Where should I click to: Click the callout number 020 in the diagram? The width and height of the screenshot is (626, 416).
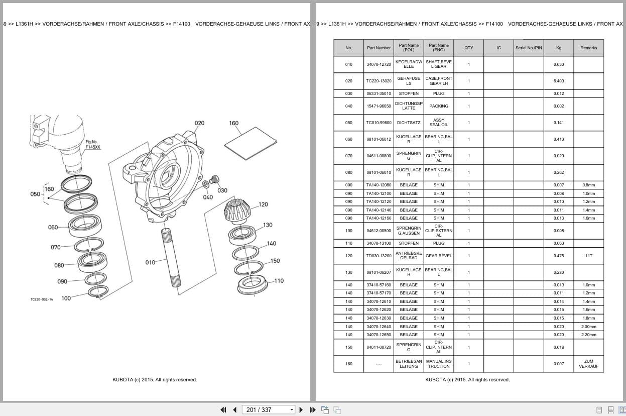[199, 123]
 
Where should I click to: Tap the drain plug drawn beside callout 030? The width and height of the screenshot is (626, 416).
[215, 179]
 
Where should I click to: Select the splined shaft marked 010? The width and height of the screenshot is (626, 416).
[171, 257]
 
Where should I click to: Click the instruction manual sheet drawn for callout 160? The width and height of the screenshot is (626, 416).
[251, 143]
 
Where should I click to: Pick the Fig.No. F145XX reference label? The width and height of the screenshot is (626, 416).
[92, 144]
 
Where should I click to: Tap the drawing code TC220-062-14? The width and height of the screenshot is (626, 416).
[42, 299]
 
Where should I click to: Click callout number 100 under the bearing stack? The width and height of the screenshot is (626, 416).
[66, 298]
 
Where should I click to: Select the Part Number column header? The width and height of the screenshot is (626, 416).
[379, 48]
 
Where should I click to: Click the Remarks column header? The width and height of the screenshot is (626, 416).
[588, 48]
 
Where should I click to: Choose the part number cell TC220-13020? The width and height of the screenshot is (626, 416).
[379, 81]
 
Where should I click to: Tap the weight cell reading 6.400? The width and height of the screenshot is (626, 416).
[559, 81]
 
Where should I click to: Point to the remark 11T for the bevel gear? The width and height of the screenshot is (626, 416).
[588, 256]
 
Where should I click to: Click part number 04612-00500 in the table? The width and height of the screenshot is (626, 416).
[379, 231]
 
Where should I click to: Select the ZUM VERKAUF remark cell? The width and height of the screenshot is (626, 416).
[588, 364]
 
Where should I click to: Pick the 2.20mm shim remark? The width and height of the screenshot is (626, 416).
[588, 335]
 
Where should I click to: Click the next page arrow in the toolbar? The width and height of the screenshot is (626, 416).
[301, 410]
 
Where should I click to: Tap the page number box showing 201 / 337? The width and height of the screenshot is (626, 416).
[268, 410]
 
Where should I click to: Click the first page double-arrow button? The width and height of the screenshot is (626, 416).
[223, 410]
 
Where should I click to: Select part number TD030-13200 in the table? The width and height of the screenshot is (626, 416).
[379, 256]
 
